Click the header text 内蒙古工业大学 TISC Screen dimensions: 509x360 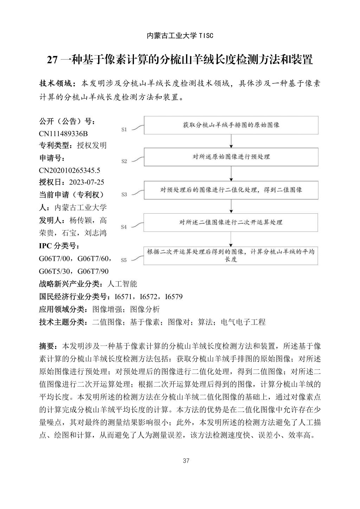(180, 36)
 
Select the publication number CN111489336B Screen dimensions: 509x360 (63, 134)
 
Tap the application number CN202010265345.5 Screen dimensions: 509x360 (70, 170)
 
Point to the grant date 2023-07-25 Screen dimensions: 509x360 (86, 182)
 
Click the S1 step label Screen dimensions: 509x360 (124, 130)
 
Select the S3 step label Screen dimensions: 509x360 (124, 194)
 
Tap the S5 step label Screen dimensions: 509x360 (124, 260)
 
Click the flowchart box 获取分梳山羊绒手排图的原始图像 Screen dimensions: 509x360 (231, 125)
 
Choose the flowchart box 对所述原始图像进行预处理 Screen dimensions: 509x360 (231, 157)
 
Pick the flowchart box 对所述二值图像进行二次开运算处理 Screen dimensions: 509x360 (231, 222)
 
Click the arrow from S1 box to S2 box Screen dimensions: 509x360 (231, 141)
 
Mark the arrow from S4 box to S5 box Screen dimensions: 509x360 (231, 239)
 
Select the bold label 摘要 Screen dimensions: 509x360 (47, 346)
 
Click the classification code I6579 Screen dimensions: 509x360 (174, 297)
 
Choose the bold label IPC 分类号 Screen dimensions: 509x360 (59, 246)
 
